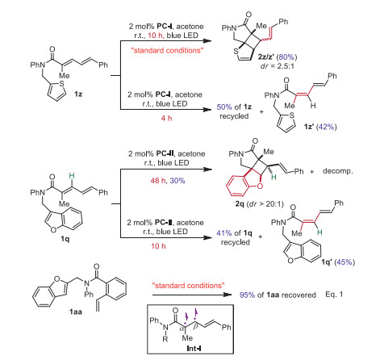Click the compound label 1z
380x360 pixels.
(78, 94)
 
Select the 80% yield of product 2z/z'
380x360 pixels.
(287, 57)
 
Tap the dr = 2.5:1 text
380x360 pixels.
(278, 66)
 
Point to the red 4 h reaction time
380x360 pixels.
(166, 118)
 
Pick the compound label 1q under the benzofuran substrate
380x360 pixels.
(65, 238)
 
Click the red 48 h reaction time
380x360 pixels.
(158, 180)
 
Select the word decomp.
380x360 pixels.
(337, 171)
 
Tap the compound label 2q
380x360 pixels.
(240, 203)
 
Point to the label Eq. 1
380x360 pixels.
(334, 295)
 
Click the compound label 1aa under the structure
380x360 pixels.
(76, 312)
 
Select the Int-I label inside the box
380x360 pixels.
(194, 349)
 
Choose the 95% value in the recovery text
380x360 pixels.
(247, 295)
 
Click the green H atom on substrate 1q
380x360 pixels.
(72, 176)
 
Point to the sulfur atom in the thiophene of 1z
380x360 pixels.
(62, 83)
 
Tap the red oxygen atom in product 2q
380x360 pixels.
(260, 186)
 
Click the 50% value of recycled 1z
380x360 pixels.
(224, 107)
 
